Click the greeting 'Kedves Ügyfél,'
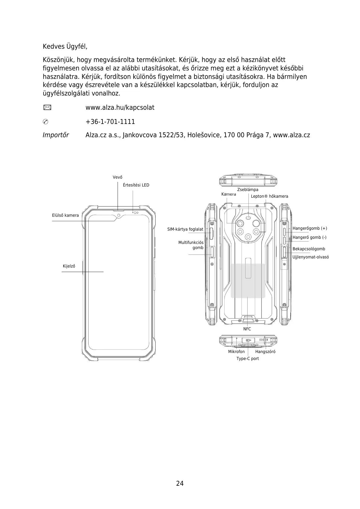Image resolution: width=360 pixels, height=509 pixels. pyautogui.click(x=65, y=47)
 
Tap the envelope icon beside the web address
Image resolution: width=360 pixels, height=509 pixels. pyautogui.click(x=47, y=107)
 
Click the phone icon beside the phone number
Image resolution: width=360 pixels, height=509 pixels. pyautogui.click(x=46, y=122)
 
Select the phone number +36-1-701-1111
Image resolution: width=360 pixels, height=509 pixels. pyautogui.click(x=110, y=122)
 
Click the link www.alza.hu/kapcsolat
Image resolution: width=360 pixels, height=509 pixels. pyautogui.click(x=120, y=108)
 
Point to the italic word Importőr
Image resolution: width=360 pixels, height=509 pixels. pyautogui.click(x=56, y=135)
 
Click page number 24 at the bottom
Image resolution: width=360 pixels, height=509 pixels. pyautogui.click(x=180, y=483)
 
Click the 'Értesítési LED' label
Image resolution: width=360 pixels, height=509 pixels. pyautogui.click(x=136, y=185)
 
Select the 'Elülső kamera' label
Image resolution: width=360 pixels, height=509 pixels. pyautogui.click(x=65, y=216)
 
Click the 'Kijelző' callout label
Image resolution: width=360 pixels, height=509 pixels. pyautogui.click(x=69, y=266)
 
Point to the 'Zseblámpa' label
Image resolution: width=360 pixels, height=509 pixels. pyautogui.click(x=248, y=190)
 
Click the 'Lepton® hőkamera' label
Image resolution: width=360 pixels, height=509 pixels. pyautogui.click(x=269, y=196)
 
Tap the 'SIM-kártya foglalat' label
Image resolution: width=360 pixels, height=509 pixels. pyautogui.click(x=185, y=229)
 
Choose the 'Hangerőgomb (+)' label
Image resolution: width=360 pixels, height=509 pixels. pyautogui.click(x=310, y=229)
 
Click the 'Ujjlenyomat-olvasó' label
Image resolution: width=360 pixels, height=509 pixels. pyautogui.click(x=310, y=257)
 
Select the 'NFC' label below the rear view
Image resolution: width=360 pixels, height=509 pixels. pyautogui.click(x=247, y=329)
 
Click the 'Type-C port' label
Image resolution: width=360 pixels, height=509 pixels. pyautogui.click(x=248, y=359)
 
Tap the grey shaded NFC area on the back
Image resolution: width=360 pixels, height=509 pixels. pyautogui.click(x=248, y=281)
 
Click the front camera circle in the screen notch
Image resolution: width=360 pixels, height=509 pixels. pyautogui.click(x=119, y=216)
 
